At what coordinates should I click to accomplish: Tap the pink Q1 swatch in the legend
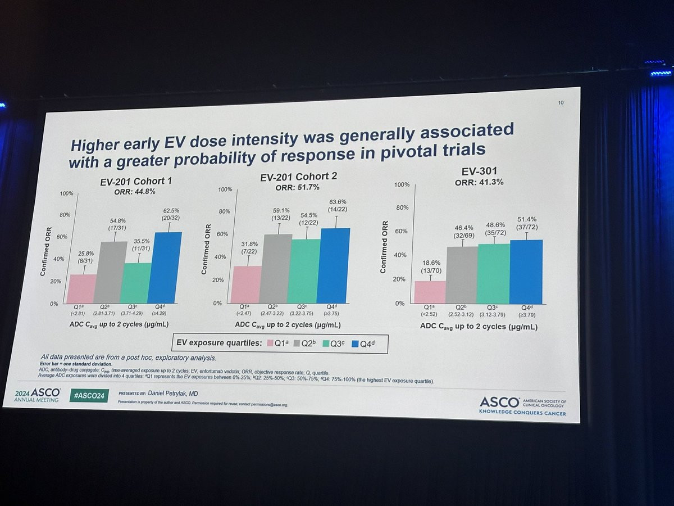pos(268,343)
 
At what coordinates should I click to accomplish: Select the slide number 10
pos(561,102)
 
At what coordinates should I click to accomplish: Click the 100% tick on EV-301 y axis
pos(401,185)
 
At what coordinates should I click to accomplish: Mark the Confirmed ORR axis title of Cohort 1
pos(43,250)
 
